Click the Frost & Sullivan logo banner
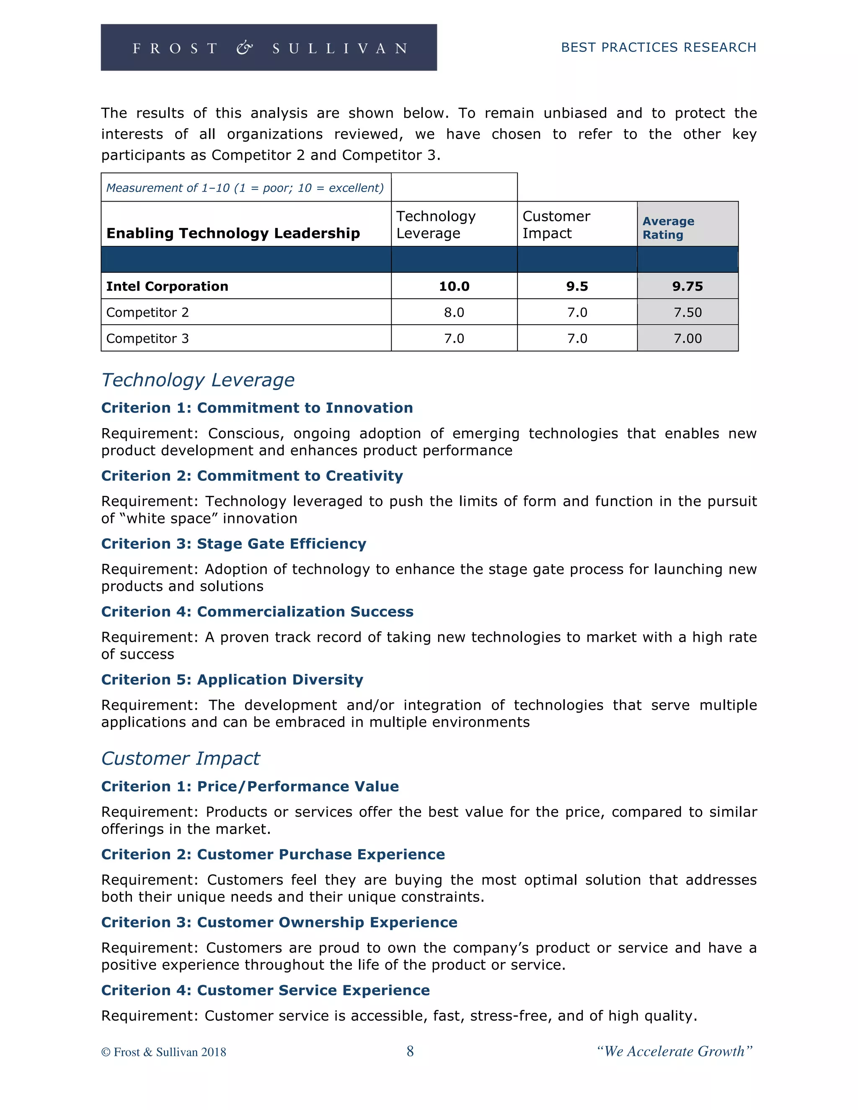click(x=269, y=47)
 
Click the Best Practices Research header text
click(x=658, y=47)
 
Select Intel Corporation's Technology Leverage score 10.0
click(x=454, y=286)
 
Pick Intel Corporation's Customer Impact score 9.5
click(x=577, y=286)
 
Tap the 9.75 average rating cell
click(x=687, y=286)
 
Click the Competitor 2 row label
click(x=147, y=312)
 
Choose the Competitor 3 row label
click(x=147, y=338)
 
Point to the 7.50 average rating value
click(x=687, y=312)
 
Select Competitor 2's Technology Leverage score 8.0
click(x=454, y=312)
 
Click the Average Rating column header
click(x=668, y=228)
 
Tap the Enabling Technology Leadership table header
click(x=233, y=233)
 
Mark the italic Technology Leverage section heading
click(x=198, y=379)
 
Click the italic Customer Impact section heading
click(x=181, y=758)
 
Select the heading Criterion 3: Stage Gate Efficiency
click(x=233, y=543)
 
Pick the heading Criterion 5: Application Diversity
click(x=232, y=679)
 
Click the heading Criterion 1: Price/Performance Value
click(x=250, y=786)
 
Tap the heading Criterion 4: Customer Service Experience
click(x=265, y=990)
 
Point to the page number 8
click(x=410, y=1051)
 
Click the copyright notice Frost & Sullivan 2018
click(x=164, y=1052)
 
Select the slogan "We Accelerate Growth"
click(x=675, y=1051)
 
